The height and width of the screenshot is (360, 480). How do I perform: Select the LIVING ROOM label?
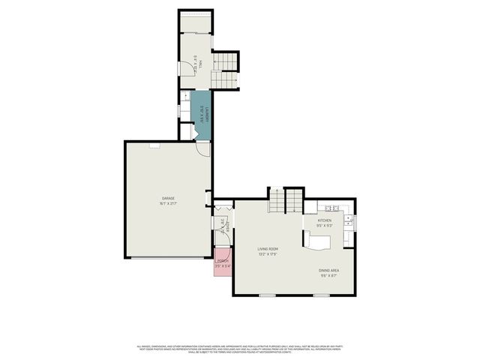pyautogui.click(x=268, y=248)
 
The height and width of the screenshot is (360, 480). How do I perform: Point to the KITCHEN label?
pyautogui.click(x=324, y=220)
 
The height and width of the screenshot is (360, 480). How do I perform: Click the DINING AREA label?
pyautogui.click(x=329, y=270)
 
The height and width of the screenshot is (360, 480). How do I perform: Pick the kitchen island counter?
pyautogui.click(x=318, y=242)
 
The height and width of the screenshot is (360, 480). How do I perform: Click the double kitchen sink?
pyautogui.click(x=349, y=221)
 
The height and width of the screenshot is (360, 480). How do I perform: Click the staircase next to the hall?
pyautogui.click(x=223, y=70)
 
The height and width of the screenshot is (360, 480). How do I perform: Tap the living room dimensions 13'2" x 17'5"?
pyautogui.click(x=268, y=254)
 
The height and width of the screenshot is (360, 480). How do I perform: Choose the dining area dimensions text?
pyautogui.click(x=329, y=275)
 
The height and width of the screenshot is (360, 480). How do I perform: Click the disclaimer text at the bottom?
pyautogui.click(x=240, y=349)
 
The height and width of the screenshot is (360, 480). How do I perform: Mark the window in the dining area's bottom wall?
pyautogui.click(x=322, y=295)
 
